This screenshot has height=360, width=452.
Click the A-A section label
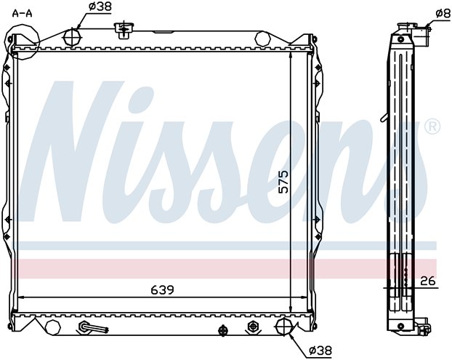pyautogui.click(x=23, y=13)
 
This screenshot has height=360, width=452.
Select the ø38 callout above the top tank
pyautogui.click(x=100, y=7)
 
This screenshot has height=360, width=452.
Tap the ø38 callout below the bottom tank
pyautogui.click(x=320, y=351)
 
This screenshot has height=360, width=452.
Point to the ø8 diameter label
pyautogui.click(x=443, y=13)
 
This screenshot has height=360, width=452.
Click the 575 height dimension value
pyautogui.click(x=283, y=181)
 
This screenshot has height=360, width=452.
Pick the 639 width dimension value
pyautogui.click(x=163, y=289)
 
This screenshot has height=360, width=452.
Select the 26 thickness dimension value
pyautogui.click(x=428, y=281)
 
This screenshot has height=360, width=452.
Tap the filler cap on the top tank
pyautogui.click(x=124, y=30)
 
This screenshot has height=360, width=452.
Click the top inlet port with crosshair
pyautogui.click(x=72, y=37)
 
